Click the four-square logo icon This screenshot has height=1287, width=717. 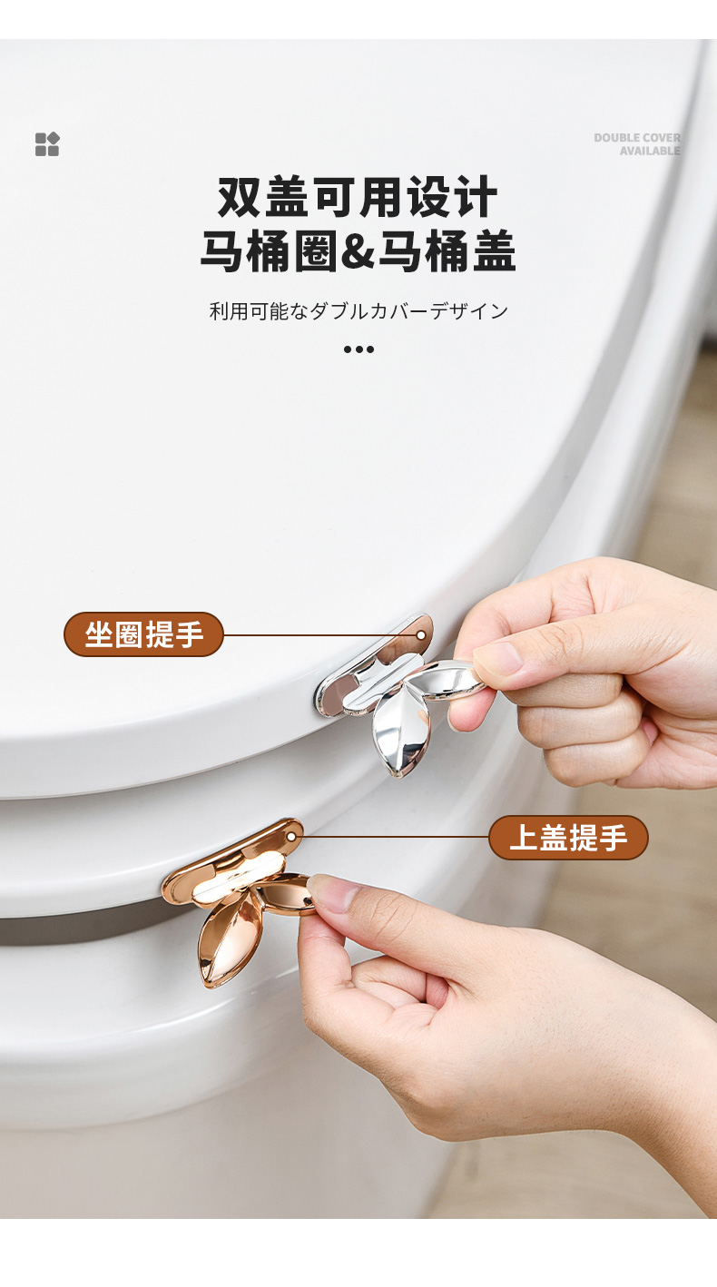(47, 144)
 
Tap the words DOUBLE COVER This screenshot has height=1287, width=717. (637, 138)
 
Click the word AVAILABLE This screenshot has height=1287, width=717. (650, 151)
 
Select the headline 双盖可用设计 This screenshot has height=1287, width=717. (358, 197)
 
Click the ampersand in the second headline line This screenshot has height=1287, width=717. (358, 251)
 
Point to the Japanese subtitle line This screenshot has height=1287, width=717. (358, 310)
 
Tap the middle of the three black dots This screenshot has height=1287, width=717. (358, 349)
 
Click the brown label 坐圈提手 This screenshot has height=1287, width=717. (143, 634)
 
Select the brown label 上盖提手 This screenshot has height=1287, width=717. (568, 837)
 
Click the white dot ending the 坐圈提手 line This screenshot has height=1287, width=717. (421, 635)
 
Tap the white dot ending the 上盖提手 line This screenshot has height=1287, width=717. (292, 837)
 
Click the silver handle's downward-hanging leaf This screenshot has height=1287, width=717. (401, 732)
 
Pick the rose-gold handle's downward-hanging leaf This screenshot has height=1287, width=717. (225, 937)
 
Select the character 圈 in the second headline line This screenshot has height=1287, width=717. (316, 251)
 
